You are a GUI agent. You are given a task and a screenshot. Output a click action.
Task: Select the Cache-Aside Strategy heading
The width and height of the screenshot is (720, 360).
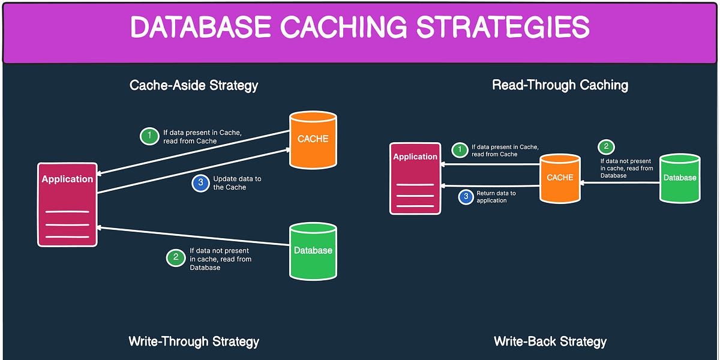tap(194, 85)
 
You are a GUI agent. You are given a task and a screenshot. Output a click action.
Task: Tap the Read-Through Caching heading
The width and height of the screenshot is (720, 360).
tap(560, 85)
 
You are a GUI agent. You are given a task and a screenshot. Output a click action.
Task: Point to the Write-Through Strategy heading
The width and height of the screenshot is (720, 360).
tap(194, 341)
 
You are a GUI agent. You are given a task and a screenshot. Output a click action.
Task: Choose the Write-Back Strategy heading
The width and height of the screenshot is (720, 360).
tap(550, 341)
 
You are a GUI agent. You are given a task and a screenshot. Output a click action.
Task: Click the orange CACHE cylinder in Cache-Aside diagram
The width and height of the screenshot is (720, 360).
tap(313, 139)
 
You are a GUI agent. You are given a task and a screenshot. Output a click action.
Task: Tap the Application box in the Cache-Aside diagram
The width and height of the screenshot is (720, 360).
tap(67, 204)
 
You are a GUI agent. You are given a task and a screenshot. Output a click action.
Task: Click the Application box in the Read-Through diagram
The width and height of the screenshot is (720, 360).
tap(415, 178)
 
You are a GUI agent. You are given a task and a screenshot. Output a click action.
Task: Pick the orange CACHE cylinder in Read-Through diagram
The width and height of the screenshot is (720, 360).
tap(560, 178)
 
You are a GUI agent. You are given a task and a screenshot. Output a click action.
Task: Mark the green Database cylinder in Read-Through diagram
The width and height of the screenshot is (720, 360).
tap(680, 178)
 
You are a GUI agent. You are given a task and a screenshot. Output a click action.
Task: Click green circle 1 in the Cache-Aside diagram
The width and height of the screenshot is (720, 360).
tap(149, 136)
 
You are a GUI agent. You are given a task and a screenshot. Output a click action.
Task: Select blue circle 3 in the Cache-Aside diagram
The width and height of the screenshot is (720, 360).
tap(200, 183)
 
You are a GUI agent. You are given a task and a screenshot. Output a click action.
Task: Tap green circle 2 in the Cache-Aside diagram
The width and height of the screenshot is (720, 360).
tap(175, 259)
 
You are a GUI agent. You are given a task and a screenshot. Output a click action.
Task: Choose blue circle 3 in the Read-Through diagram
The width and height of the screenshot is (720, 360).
tap(466, 197)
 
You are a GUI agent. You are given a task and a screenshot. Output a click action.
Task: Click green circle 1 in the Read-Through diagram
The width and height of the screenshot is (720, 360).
tap(460, 150)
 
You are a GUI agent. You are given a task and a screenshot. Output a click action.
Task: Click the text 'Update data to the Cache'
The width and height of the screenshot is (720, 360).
tap(237, 183)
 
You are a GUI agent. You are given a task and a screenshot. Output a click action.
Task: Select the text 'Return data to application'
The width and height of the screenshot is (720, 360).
tap(496, 197)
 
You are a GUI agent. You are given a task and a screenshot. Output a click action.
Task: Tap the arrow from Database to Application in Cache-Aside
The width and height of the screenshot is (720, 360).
tap(192, 236)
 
